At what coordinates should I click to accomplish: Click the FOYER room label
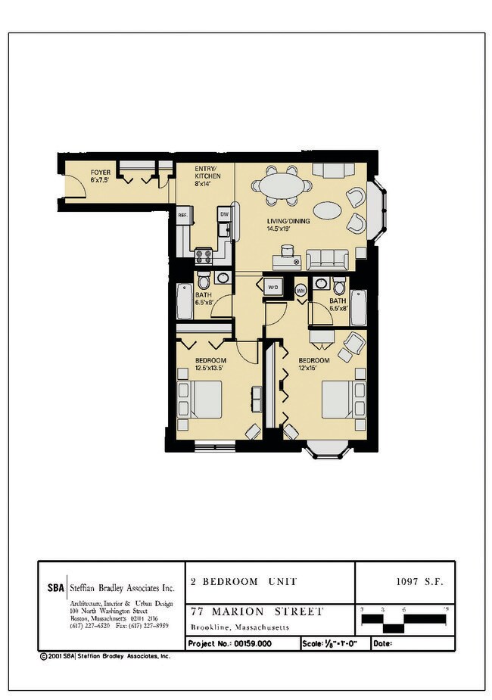[101, 176]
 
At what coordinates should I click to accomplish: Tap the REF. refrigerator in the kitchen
[182, 216]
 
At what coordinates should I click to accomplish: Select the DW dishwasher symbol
[224, 214]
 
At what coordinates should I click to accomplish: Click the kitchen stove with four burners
[203, 256]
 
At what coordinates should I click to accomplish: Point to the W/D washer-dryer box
[272, 288]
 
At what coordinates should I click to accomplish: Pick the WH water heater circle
[300, 289]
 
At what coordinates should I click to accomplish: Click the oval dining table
[282, 185]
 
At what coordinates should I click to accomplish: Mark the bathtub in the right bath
[358, 306]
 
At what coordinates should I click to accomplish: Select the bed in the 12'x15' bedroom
[338, 399]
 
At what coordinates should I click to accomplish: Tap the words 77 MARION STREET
[257, 611]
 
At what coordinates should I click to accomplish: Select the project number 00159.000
[254, 643]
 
